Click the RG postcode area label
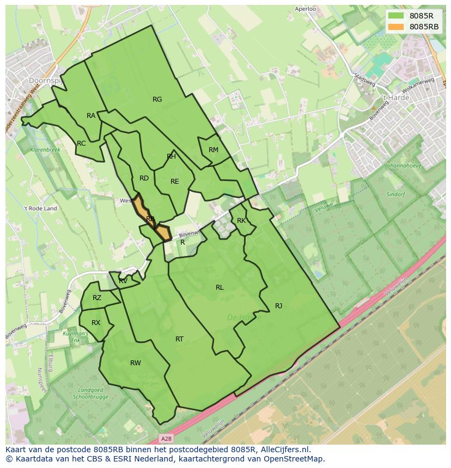click(157, 99)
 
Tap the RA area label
click(91, 116)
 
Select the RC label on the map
click(81, 143)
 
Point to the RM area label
click(214, 150)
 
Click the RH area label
click(172, 157)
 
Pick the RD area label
click(144, 178)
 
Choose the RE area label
click(175, 182)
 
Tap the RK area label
click(241, 221)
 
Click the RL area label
click(220, 288)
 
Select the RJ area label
click(278, 306)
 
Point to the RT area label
click(179, 339)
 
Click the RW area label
click(136, 363)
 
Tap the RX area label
click(96, 323)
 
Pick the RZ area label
click(97, 298)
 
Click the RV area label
click(123, 281)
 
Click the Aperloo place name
click(306, 9)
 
